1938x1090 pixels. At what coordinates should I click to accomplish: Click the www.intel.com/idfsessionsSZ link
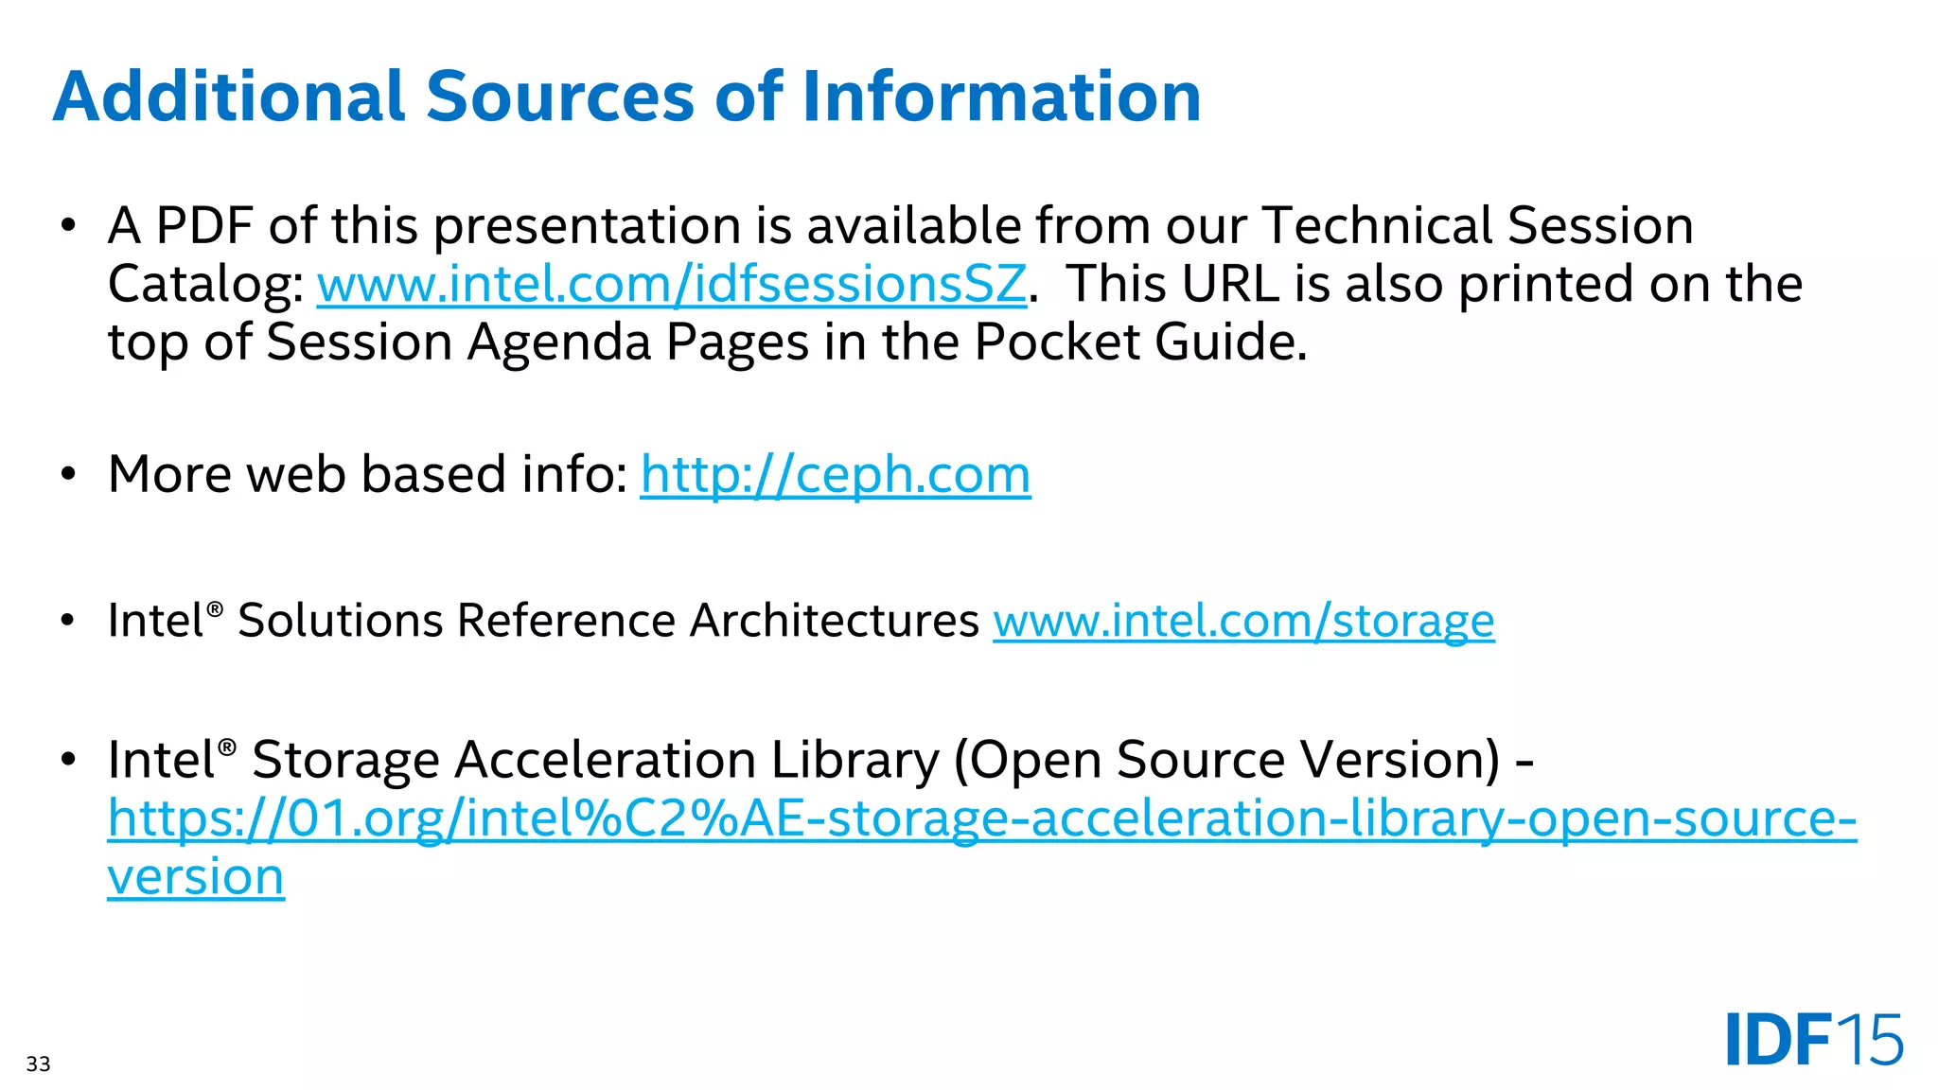click(x=671, y=284)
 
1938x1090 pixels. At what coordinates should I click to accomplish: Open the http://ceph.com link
click(x=835, y=474)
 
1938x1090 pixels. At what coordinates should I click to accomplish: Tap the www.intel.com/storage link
click(x=1243, y=621)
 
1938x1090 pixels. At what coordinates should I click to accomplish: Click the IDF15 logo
click(x=1813, y=1040)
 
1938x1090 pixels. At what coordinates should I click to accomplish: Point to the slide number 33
click(x=38, y=1064)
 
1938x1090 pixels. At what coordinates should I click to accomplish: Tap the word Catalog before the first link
click(x=204, y=285)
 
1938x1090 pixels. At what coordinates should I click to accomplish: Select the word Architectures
click(x=834, y=621)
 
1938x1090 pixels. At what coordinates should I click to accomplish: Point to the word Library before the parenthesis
click(x=854, y=760)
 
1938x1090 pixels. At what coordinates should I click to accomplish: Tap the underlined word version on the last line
click(x=196, y=877)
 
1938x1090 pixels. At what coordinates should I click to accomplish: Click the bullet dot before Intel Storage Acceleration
click(x=67, y=760)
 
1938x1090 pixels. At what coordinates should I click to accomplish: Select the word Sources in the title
click(x=560, y=97)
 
